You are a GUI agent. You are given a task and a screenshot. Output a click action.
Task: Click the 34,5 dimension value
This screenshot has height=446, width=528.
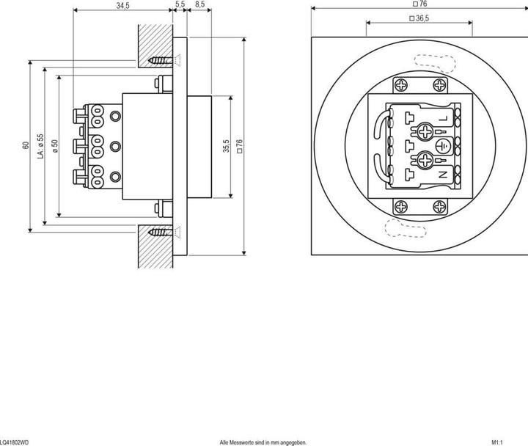[x=122, y=6]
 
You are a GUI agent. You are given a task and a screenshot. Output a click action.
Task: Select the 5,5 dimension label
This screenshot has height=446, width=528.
[x=180, y=6]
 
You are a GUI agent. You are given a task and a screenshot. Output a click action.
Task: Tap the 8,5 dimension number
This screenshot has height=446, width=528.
[x=199, y=6]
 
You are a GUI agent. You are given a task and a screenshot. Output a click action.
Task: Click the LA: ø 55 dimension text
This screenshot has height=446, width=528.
[x=41, y=145]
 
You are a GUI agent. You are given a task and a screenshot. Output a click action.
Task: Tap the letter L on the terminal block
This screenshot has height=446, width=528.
[x=443, y=117]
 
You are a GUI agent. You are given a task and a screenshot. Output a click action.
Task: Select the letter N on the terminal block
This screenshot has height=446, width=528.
[x=443, y=175]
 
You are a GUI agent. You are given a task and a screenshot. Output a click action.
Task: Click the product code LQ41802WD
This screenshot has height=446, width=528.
[x=15, y=442]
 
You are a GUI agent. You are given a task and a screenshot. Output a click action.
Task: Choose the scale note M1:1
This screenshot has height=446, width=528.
[x=497, y=442]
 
